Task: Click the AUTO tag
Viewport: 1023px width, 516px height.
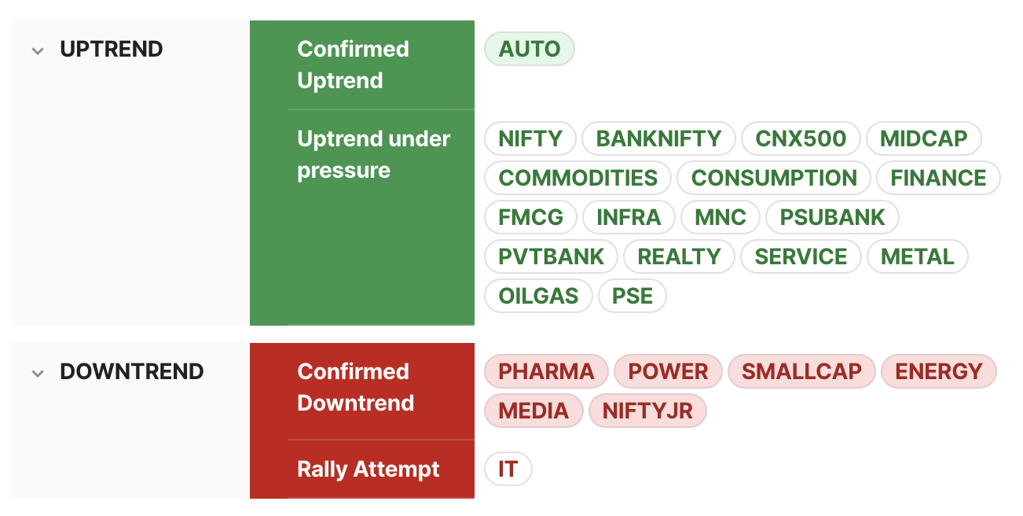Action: (530, 49)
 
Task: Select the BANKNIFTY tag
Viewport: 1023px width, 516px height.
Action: (658, 138)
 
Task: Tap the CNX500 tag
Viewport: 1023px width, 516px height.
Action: (801, 138)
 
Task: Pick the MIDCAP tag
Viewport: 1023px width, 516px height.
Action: (923, 138)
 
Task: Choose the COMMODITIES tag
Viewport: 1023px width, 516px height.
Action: (577, 178)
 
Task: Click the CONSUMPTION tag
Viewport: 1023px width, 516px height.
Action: (774, 178)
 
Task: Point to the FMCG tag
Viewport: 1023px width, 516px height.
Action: (530, 217)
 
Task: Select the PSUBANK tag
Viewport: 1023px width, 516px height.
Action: (832, 217)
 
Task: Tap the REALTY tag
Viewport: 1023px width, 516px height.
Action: (679, 256)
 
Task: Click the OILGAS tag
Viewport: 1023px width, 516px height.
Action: (538, 296)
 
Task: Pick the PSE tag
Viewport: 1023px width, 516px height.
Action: (632, 296)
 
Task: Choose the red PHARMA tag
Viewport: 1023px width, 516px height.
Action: (546, 371)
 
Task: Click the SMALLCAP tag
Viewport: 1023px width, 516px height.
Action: (801, 371)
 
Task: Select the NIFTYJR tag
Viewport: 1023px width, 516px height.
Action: (647, 411)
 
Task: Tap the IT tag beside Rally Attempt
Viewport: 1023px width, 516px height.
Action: (508, 469)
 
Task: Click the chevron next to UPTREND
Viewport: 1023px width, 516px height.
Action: (38, 50)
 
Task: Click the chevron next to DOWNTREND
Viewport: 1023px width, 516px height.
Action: (38, 374)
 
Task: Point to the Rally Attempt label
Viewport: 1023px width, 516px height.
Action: (368, 470)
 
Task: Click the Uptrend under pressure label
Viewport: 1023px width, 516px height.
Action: (373, 154)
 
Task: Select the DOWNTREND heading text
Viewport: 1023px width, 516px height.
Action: (131, 371)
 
